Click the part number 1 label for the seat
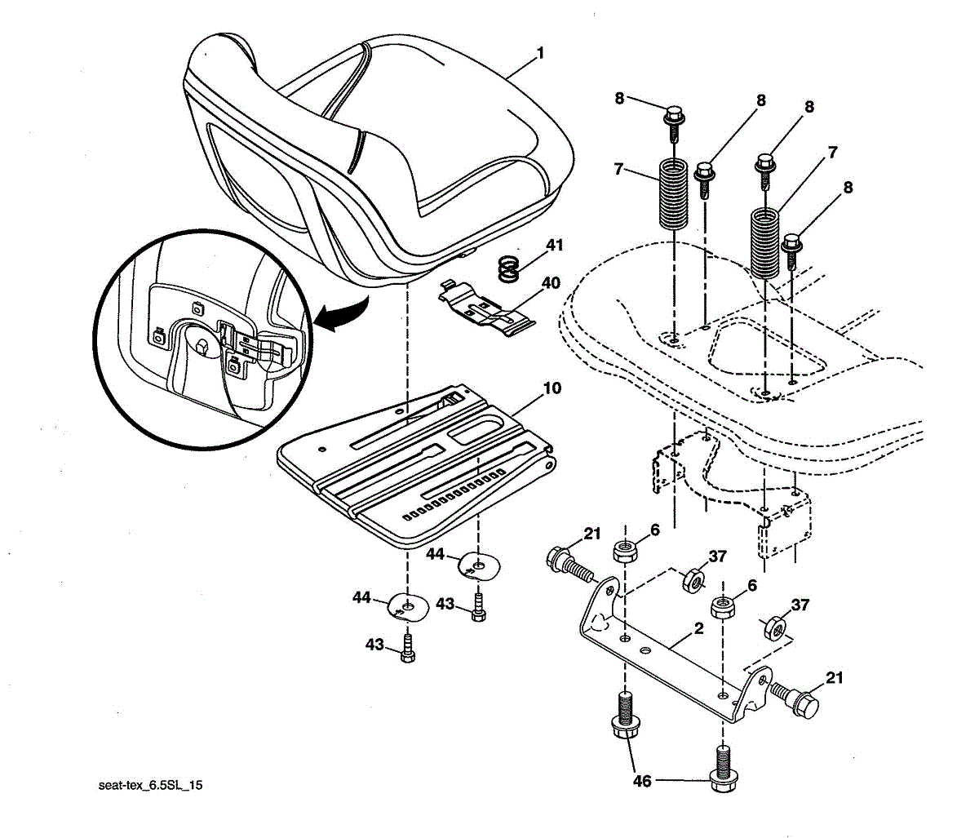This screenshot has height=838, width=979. [540, 53]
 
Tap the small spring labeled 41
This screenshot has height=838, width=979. [509, 269]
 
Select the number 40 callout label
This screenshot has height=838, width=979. [551, 283]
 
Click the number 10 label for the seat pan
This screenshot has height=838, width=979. [552, 388]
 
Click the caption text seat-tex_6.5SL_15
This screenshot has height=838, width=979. [150, 785]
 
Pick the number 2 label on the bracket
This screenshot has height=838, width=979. [698, 628]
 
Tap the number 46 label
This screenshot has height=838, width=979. [642, 781]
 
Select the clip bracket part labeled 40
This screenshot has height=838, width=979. [486, 308]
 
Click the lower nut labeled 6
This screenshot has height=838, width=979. [722, 606]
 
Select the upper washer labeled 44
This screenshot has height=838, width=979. [480, 566]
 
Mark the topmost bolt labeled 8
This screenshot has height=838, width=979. [674, 124]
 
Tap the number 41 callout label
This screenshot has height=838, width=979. [554, 245]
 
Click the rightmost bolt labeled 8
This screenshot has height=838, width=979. [791, 251]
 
